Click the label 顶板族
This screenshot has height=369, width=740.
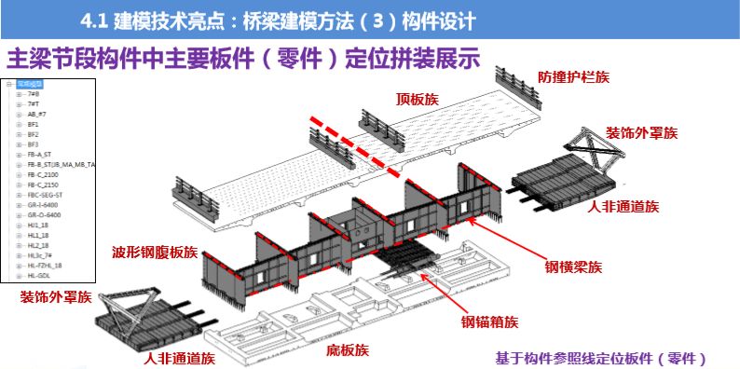417,97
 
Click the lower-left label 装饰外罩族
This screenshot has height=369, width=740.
56,298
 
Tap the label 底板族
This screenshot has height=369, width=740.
348,350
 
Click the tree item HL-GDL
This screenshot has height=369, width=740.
39,276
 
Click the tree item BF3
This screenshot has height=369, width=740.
34,144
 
